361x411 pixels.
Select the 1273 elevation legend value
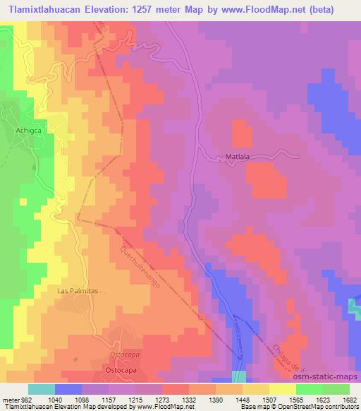pos(163,399)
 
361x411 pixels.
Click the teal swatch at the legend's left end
pos(41,389)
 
